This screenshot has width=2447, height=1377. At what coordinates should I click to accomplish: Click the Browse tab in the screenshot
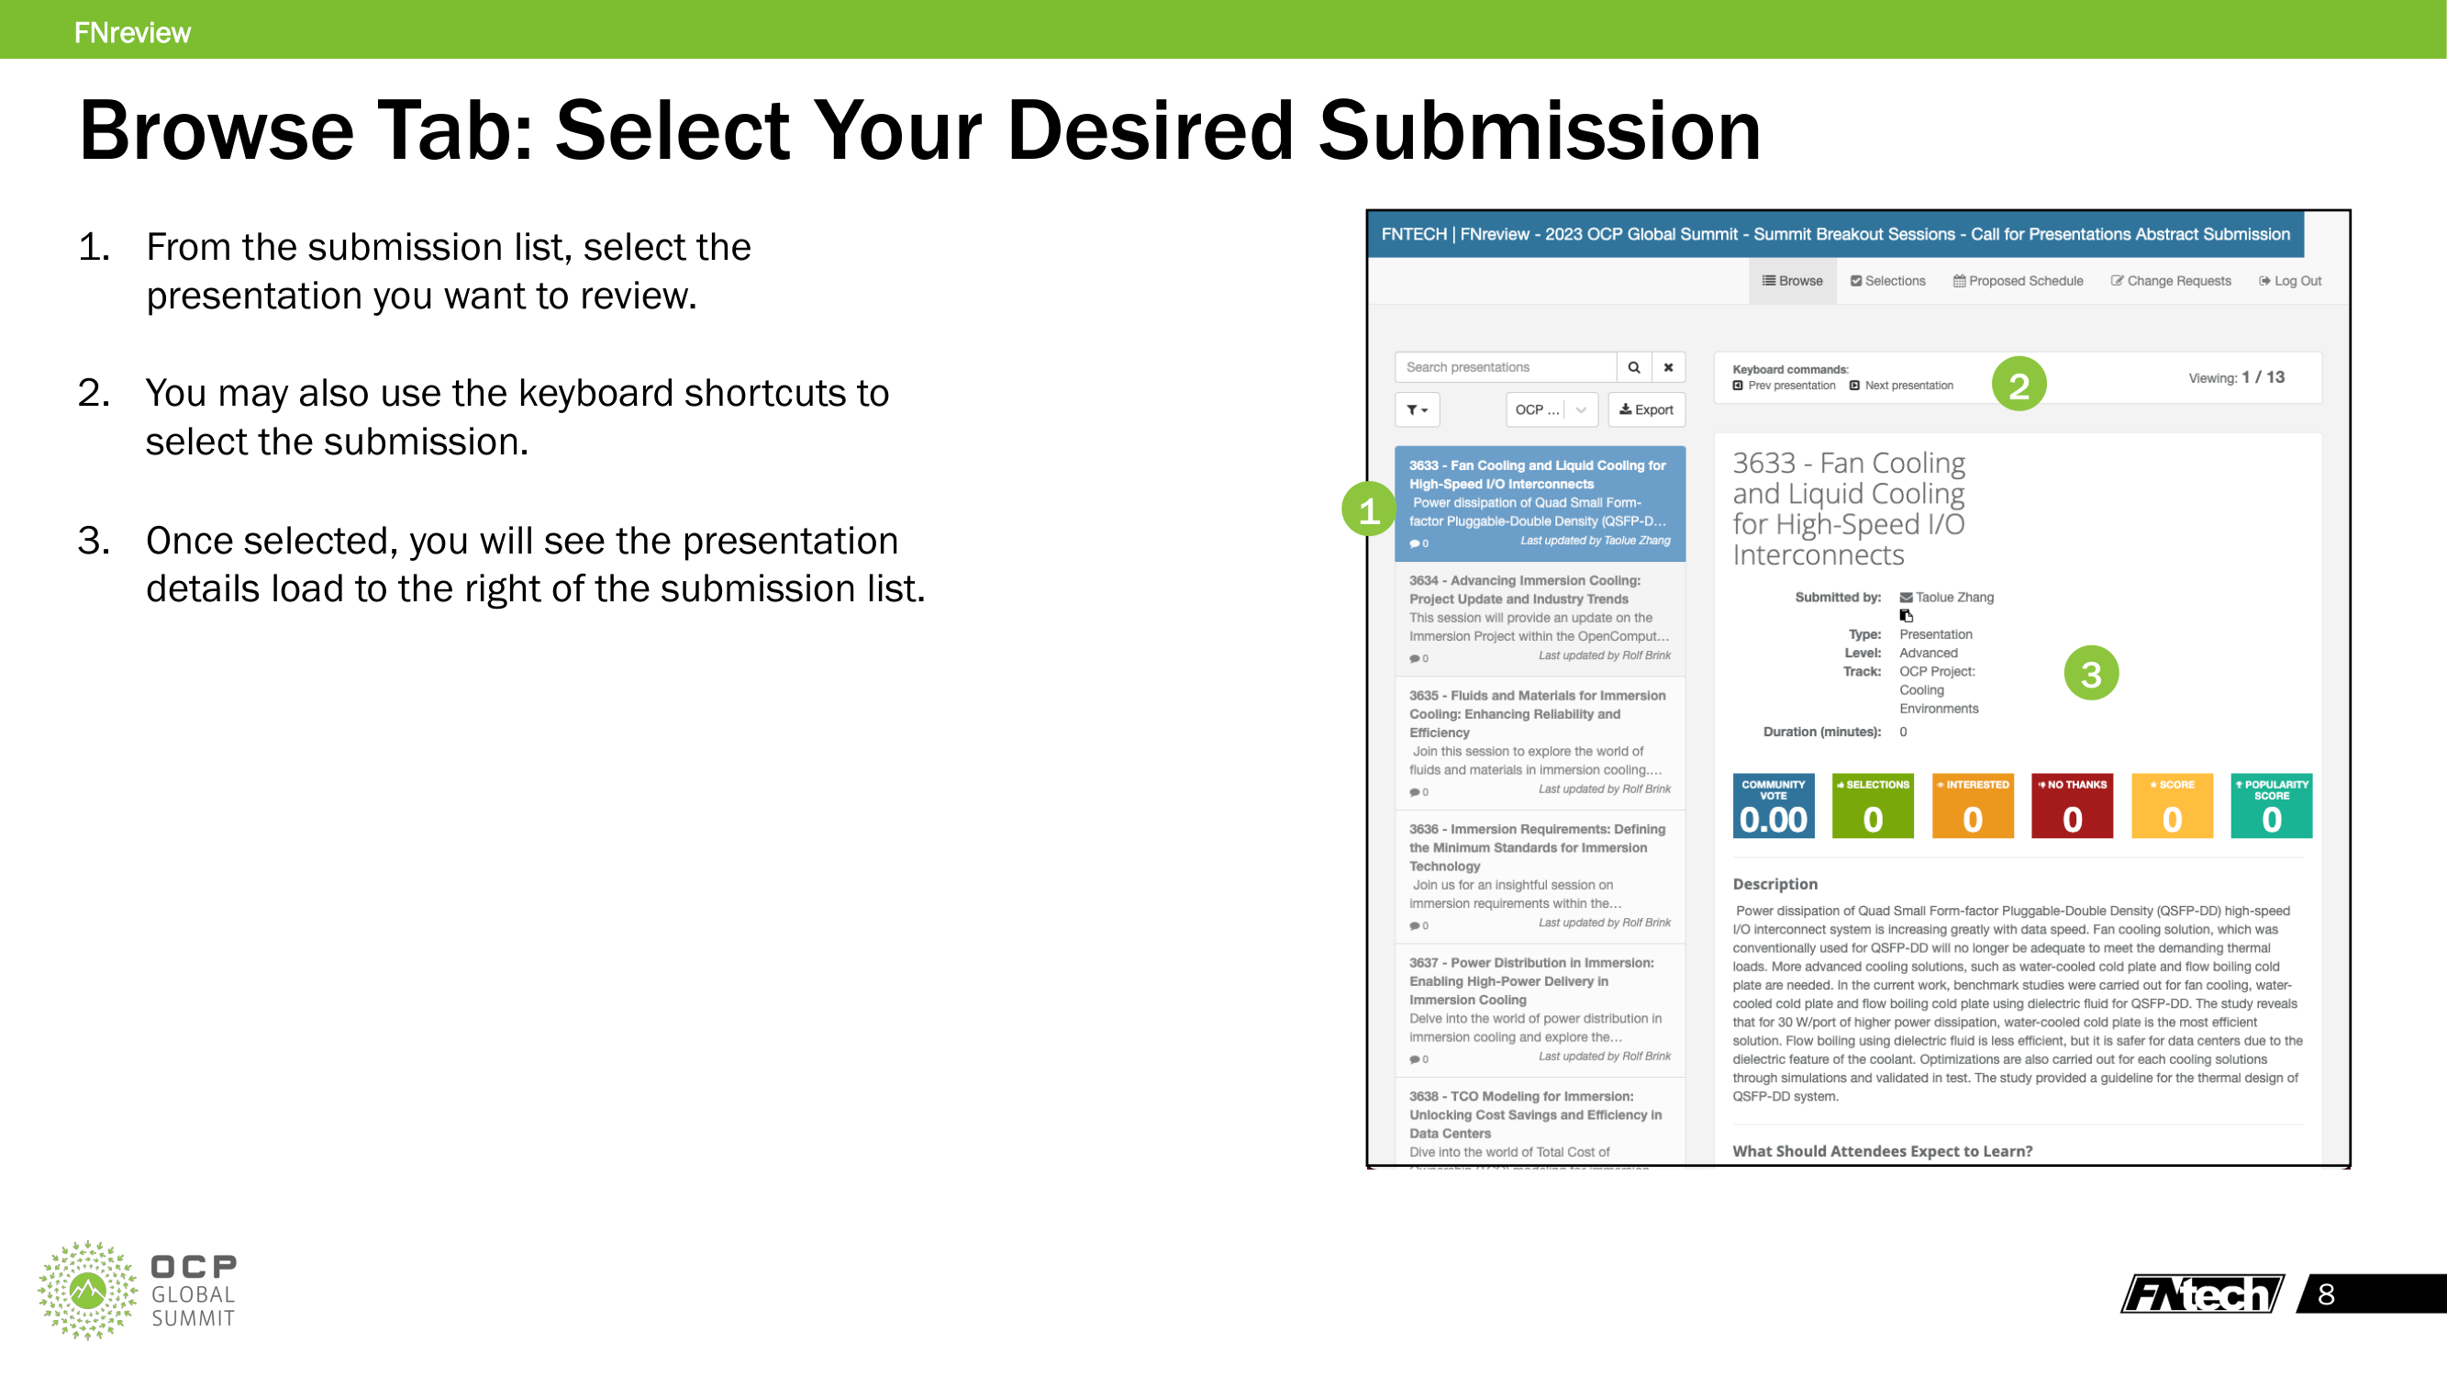tap(1792, 281)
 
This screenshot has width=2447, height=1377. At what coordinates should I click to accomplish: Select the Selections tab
tap(1887, 281)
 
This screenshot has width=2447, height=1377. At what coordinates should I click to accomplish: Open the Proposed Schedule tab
tap(2018, 281)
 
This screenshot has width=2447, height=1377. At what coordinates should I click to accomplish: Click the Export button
tap(1646, 410)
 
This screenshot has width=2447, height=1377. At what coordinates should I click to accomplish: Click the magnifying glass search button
tap(1634, 368)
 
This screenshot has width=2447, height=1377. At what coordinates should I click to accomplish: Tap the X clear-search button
tap(1668, 368)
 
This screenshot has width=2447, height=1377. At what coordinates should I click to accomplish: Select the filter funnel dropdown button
tap(1418, 410)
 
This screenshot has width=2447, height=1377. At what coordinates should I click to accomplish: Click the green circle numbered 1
tap(1368, 510)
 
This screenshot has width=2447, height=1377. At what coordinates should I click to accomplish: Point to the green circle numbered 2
tap(2019, 385)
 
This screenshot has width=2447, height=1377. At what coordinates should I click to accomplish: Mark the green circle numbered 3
tap(2091, 674)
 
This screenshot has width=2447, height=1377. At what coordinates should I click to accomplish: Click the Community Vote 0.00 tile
tap(1773, 806)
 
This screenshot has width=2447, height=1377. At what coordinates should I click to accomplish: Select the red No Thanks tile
tap(2072, 806)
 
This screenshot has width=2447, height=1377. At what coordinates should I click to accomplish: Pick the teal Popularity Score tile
tap(2271, 806)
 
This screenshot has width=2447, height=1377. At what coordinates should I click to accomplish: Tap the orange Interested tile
tap(1972, 806)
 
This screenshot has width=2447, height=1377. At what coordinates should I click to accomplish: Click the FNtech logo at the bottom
tap(2202, 1294)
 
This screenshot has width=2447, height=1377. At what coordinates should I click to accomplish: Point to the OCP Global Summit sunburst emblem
tap(87, 1290)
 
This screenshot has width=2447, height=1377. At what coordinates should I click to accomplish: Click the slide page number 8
tap(2327, 1294)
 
